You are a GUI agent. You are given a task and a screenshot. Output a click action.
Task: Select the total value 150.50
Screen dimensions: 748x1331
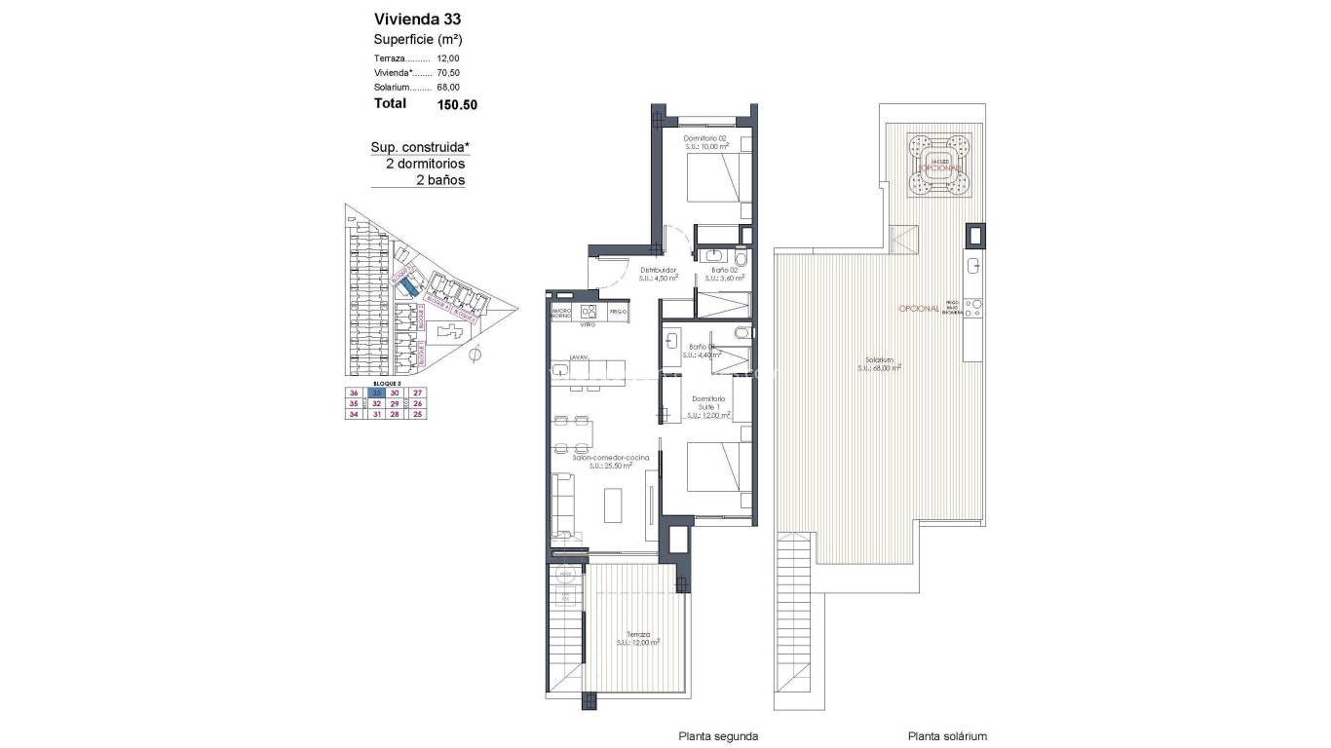pos(457,104)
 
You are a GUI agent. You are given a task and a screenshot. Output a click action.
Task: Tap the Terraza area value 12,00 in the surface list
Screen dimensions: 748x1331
pos(448,58)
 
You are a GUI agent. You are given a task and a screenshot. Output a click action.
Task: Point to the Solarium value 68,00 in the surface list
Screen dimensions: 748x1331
pos(448,88)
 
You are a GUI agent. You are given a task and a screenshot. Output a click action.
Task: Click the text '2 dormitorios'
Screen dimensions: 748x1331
pos(425,165)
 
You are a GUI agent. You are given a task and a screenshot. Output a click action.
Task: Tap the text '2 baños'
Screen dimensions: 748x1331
pos(440,180)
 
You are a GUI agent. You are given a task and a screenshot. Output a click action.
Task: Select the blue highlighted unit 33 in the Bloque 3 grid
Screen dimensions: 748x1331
pos(375,393)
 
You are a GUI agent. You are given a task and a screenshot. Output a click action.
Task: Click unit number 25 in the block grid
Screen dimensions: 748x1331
pos(417,414)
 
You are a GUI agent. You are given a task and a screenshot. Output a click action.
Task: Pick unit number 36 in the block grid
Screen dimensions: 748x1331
pos(354,393)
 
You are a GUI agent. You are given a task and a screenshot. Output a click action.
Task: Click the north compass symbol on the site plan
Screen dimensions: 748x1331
pos(475,355)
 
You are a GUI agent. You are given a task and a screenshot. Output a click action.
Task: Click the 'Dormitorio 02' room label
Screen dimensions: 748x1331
pos(705,139)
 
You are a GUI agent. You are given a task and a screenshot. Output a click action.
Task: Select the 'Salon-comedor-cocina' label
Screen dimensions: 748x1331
pos(597,457)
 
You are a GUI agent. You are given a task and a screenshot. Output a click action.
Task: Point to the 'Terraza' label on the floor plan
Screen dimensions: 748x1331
pos(638,634)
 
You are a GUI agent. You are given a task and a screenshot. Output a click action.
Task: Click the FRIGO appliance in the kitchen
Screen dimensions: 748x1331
pos(617,312)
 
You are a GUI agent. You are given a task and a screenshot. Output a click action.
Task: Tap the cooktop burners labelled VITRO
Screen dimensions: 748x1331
pos(588,312)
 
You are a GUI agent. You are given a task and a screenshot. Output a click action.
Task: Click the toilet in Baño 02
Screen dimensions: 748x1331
pos(740,260)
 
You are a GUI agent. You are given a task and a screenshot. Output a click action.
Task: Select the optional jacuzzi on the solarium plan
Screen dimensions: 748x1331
pos(939,164)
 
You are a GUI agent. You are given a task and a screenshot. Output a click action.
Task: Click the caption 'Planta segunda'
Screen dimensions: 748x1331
pos(718,737)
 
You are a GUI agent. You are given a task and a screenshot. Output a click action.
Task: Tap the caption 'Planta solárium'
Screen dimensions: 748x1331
pos(947,737)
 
